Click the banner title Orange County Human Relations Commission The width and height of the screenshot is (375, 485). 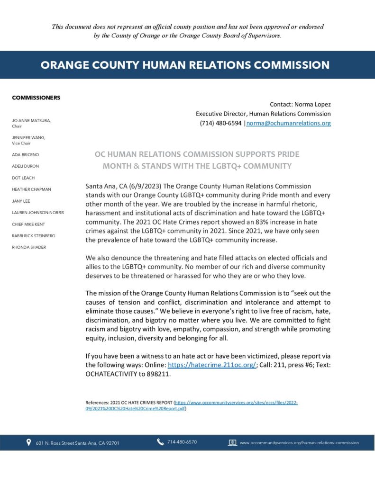click(185, 65)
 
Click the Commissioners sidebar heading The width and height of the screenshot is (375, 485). click(36, 98)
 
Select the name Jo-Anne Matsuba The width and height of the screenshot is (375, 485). click(31, 121)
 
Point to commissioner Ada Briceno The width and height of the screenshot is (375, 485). click(25, 155)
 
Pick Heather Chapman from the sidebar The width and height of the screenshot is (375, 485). click(31, 189)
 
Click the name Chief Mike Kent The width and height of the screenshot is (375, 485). click(28, 224)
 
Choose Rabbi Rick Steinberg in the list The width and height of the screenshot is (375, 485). click(33, 235)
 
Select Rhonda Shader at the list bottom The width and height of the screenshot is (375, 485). click(29, 247)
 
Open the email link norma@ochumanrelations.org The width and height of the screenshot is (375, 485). click(289, 123)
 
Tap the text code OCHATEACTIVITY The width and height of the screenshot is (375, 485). click(114, 374)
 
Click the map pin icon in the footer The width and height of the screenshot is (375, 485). click(28, 443)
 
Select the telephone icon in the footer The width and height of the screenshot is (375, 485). click(161, 442)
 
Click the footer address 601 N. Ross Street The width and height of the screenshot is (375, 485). click(77, 443)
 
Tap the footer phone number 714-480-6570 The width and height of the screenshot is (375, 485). click(182, 442)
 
